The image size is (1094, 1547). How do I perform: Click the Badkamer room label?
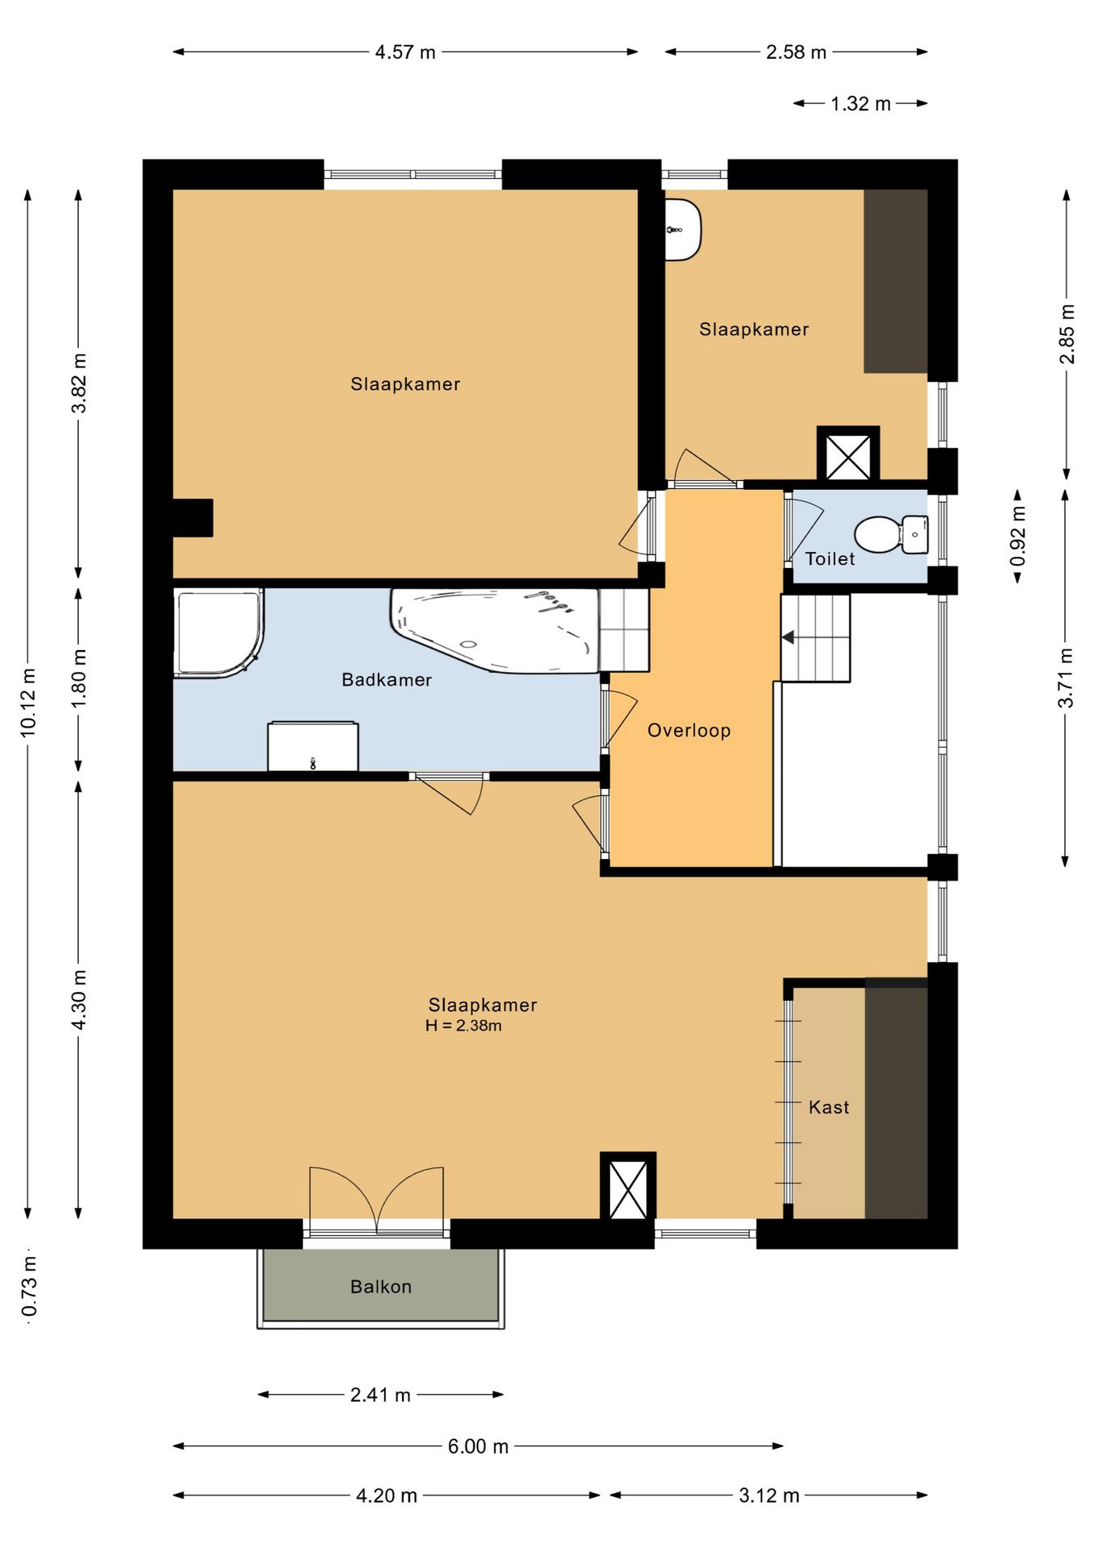coord(387,680)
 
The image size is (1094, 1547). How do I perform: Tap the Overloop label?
coord(689,731)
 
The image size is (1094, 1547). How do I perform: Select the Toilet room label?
coord(830,558)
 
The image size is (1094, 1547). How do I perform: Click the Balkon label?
coord(381,1287)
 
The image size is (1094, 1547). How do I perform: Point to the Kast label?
coord(829,1107)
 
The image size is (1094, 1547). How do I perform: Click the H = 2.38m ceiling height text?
coord(463,1026)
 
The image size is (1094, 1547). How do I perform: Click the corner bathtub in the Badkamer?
coord(495,630)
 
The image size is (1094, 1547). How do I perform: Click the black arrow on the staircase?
coord(788,637)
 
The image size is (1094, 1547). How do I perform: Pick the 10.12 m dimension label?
coord(28,702)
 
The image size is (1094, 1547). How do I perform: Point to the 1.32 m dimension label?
coord(860,104)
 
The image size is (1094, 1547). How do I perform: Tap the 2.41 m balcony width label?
coord(380,1395)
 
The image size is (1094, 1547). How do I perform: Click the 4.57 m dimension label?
coord(405,52)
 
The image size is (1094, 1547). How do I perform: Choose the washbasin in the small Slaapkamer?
coord(683,230)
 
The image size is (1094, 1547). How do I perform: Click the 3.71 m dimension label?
coord(1066,678)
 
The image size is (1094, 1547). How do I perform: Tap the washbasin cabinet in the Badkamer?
coord(313,747)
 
